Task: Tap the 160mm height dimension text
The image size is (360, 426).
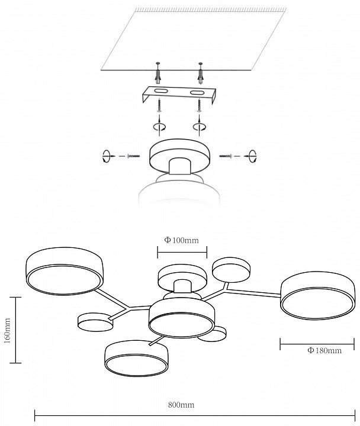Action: point(7,331)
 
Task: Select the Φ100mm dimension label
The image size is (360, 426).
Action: point(181,240)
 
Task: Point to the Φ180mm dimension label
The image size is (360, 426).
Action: point(324,350)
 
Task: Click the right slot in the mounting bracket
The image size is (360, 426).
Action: point(197,93)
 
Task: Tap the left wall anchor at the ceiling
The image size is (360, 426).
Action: point(158,73)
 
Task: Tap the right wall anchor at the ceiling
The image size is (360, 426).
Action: point(200,73)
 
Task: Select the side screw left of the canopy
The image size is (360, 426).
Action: point(133,156)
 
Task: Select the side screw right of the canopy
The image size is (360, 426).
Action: point(226,156)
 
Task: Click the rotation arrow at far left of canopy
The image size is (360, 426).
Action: point(107,156)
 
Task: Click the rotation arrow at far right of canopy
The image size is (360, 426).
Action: point(253,156)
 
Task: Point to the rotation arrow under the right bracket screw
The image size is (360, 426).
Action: point(200,127)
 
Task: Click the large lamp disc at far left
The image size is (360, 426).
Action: point(65,271)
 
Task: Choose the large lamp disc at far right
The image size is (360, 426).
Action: point(317,295)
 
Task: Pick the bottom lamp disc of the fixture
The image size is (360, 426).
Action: point(137,358)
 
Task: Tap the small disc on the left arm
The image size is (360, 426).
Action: point(95,322)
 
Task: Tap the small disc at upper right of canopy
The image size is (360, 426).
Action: point(231,270)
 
